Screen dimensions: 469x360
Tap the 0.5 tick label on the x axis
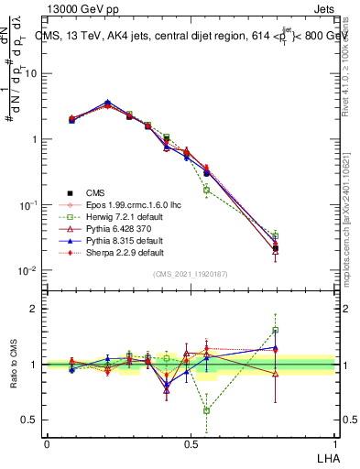click(190, 442)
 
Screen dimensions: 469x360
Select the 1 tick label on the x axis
click(334, 442)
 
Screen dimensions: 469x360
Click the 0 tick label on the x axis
click(47, 442)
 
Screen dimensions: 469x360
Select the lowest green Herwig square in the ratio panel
click(206, 410)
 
